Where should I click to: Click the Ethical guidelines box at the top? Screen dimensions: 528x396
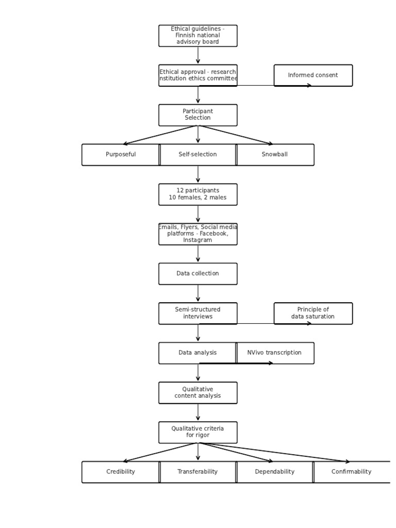[x=197, y=36]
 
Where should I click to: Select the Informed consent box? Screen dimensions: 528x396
[x=313, y=75]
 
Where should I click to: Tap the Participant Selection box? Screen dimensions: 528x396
[x=197, y=115]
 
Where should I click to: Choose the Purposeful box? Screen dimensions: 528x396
[x=121, y=155]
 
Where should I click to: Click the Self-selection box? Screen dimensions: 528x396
[x=197, y=155]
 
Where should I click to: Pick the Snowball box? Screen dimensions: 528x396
[x=275, y=155]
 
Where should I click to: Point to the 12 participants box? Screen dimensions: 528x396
[x=197, y=194]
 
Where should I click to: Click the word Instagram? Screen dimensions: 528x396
[x=197, y=240]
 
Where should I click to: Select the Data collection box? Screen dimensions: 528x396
[x=197, y=274]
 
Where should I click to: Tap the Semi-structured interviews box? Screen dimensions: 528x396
[x=197, y=313]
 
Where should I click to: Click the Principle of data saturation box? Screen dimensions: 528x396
[x=313, y=313]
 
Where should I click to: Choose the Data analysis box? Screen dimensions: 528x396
[x=197, y=353]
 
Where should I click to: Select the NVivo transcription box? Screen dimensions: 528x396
[x=275, y=353]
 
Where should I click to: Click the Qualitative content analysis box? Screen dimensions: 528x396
[x=197, y=393]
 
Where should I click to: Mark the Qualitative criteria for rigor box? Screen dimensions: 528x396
[x=197, y=432]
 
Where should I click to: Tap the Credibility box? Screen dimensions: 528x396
[x=121, y=472]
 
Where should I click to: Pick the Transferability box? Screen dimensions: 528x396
[x=197, y=472]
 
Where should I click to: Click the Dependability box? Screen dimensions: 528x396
[x=275, y=472]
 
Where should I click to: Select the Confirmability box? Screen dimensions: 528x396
[x=351, y=472]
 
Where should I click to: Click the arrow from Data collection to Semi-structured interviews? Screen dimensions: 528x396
[x=197, y=293]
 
